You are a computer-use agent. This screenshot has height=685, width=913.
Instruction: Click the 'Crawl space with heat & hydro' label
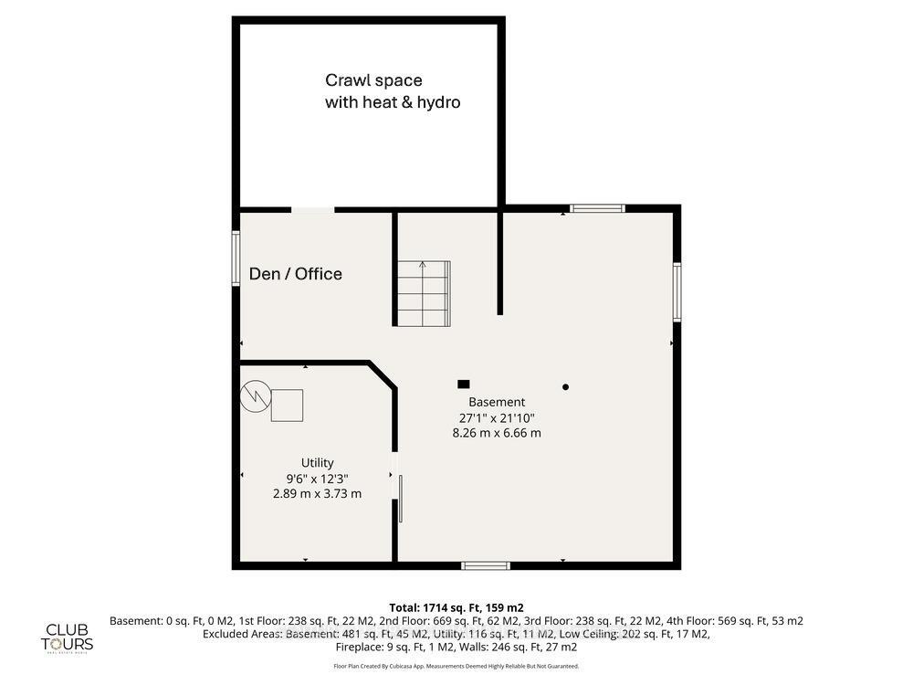pos(393,91)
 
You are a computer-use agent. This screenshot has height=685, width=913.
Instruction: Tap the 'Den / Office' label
pos(295,274)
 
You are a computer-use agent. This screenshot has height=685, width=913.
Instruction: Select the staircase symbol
pos(423,293)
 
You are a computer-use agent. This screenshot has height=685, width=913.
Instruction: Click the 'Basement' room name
pos(497,402)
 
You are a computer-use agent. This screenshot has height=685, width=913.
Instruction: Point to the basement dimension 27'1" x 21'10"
pos(497,417)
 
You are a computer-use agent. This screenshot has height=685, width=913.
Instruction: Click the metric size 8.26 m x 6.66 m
pos(497,433)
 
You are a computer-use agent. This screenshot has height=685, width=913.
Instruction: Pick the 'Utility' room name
pos(317,463)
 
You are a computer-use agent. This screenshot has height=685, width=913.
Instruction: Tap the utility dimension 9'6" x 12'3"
pos(317,478)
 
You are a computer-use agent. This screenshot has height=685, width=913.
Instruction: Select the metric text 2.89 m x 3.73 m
pos(317,493)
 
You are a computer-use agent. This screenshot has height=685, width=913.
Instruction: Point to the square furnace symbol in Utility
pos(288,405)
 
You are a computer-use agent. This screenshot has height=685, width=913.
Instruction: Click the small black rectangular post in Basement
pos(464,385)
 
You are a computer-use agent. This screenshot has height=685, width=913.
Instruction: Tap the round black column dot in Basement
pos(565,387)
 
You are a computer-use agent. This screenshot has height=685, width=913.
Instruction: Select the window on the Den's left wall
pos(236,258)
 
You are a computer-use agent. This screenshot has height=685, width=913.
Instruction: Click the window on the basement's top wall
pos(598,208)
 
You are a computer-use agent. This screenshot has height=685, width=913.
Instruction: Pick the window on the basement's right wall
pos(677,291)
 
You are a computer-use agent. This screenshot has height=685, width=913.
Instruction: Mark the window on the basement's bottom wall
pos(485,565)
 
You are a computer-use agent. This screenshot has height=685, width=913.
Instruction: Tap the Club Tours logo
pos(69,637)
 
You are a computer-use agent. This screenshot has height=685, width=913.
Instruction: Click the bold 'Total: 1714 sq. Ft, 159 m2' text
pos(456,607)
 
